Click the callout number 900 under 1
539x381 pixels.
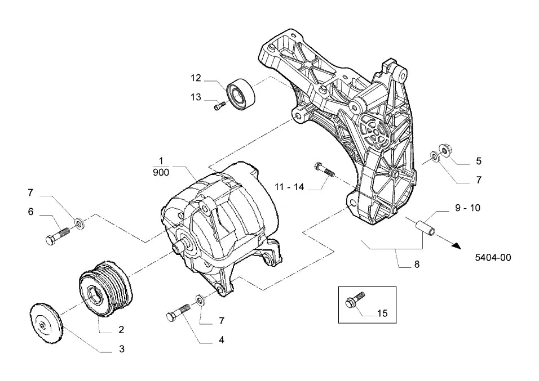point(161,172)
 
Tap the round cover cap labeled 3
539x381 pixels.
point(46,322)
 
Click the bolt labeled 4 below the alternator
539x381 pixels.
point(178,312)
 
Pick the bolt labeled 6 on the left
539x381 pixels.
point(58,236)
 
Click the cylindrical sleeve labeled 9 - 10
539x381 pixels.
point(425,229)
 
